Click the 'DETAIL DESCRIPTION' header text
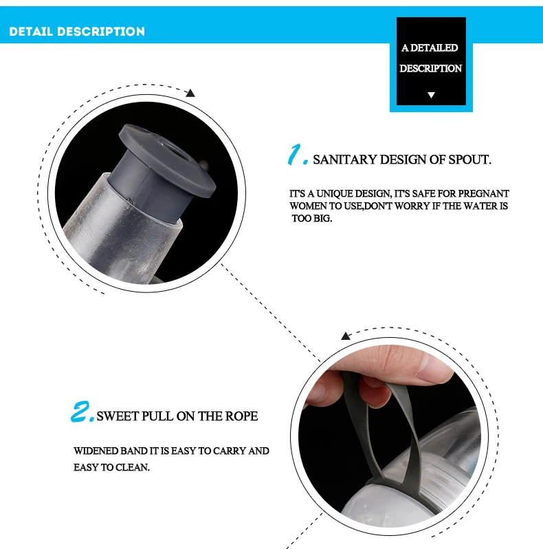(x=77, y=32)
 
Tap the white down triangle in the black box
(x=431, y=95)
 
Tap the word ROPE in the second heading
(x=241, y=416)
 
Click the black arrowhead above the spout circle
(x=190, y=93)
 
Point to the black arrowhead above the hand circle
(x=346, y=336)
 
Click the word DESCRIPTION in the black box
(x=431, y=68)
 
